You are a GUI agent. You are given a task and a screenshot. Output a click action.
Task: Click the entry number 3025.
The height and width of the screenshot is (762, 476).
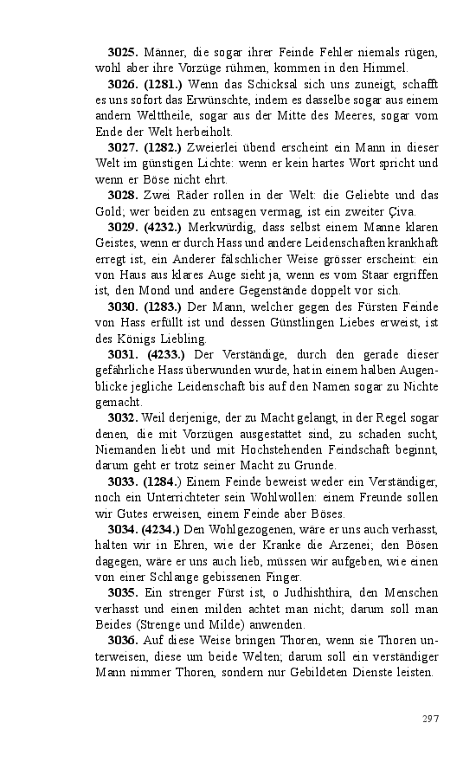pos(123,54)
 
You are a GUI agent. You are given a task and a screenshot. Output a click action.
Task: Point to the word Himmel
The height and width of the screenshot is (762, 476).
pos(386,68)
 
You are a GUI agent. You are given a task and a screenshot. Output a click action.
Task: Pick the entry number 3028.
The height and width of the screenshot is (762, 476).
pos(123,197)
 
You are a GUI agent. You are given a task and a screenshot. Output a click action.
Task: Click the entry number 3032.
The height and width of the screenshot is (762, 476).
pos(123,417)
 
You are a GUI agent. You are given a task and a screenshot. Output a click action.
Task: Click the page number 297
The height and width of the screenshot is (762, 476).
pos(430,719)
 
